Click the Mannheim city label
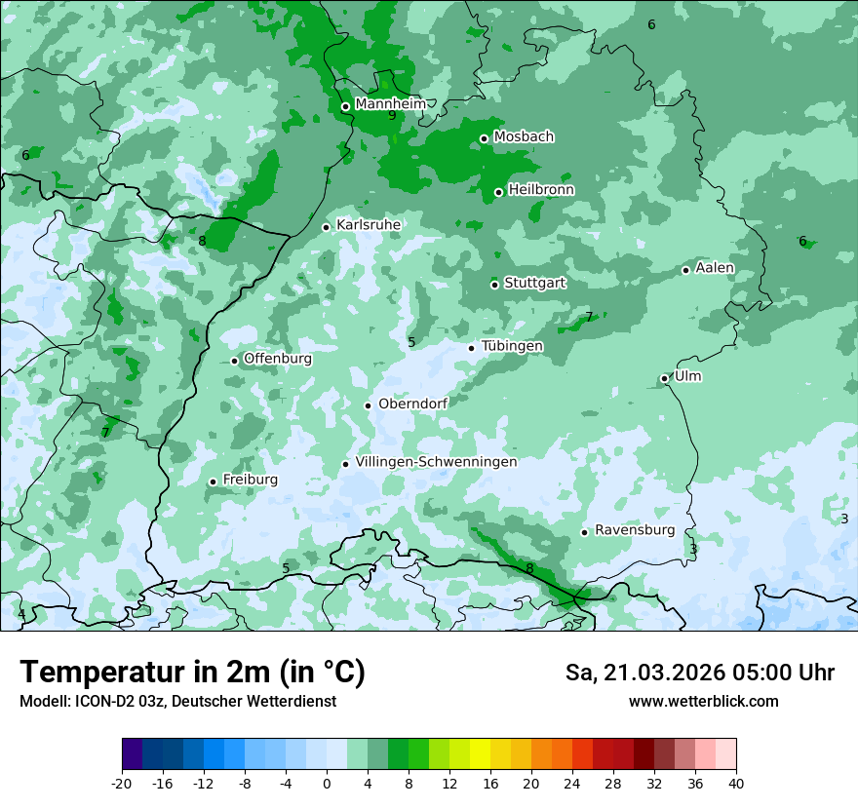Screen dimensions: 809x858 tap(390, 103)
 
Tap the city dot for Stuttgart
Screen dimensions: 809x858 tap(494, 285)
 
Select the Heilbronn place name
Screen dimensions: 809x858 tap(541, 189)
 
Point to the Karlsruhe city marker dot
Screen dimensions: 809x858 tap(327, 227)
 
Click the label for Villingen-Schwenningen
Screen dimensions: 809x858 tap(436, 461)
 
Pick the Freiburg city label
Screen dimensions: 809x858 tap(250, 480)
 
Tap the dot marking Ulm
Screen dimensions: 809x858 tap(665, 378)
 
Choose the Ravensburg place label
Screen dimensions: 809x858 tap(634, 530)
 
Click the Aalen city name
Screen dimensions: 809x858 tap(715, 268)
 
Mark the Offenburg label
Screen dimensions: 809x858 tap(278, 358)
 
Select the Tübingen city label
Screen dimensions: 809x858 tap(512, 346)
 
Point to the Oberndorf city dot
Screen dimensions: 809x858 tap(368, 405)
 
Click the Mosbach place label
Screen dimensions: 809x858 tap(524, 136)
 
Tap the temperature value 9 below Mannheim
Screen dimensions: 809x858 tap(392, 116)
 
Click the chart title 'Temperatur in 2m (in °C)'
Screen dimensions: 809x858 tap(192, 673)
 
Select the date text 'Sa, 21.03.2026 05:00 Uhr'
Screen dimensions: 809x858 tap(699, 673)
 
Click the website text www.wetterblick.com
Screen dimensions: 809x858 tap(703, 701)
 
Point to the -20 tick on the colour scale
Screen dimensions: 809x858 tap(122, 783)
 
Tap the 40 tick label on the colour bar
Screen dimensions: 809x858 tap(735, 783)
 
